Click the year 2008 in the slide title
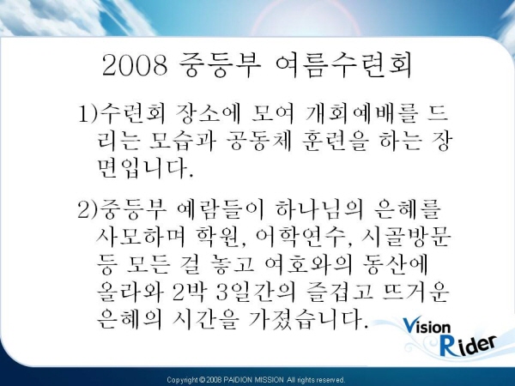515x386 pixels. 136,65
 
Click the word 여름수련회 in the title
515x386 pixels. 343,65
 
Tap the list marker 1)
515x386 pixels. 88,114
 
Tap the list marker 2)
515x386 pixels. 88,209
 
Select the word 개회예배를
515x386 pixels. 362,113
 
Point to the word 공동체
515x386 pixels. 259,142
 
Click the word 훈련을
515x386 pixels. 335,142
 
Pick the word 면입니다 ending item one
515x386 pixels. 145,168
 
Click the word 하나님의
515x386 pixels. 319,209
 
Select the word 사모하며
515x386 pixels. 141,237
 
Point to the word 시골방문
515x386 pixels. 406,237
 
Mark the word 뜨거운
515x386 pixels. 415,292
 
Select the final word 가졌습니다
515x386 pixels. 306,319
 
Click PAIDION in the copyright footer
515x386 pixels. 238,380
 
